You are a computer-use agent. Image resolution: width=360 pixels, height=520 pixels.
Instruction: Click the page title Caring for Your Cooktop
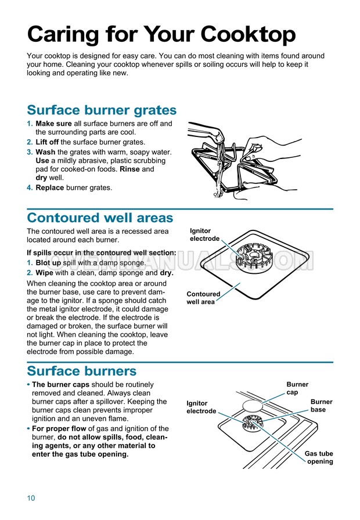161,35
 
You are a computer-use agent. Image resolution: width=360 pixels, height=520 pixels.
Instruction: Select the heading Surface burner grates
102,110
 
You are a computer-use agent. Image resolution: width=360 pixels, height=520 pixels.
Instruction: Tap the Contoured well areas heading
100,218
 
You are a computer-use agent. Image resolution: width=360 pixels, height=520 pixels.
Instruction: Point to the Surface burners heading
82,371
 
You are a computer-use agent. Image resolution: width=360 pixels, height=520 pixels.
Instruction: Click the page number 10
31,498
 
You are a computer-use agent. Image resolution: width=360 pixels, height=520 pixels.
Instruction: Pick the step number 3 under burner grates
30,152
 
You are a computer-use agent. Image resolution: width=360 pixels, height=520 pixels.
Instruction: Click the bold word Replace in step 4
50,187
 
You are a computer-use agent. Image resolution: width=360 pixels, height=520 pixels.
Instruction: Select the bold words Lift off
47,142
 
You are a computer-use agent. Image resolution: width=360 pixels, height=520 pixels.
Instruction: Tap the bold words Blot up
48,263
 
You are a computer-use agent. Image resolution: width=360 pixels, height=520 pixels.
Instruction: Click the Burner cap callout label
297,388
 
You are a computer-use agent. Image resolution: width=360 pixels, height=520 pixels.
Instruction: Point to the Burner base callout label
321,406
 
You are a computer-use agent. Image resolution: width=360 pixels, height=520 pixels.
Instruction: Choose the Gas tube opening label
319,457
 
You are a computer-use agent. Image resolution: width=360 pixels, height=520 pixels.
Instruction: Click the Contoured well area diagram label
203,298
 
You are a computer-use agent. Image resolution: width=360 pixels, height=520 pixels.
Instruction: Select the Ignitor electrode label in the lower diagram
201,407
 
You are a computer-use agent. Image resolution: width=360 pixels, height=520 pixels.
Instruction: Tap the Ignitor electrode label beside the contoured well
204,234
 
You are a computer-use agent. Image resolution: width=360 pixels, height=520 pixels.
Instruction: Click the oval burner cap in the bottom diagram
253,405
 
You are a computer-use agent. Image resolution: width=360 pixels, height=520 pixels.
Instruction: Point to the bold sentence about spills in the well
102,252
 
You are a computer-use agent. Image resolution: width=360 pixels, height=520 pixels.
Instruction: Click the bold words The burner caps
61,385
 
